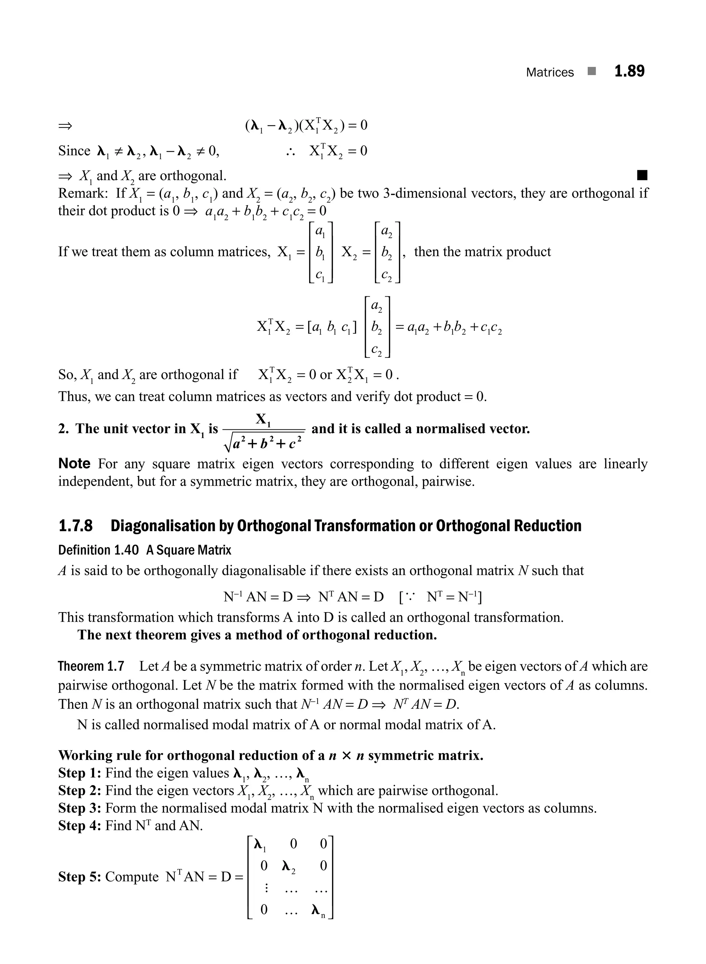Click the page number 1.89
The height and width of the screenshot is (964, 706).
[x=629, y=71]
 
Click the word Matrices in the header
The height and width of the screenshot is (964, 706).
[x=549, y=72]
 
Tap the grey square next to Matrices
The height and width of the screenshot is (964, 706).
[x=592, y=71]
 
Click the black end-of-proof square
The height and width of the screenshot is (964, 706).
[x=642, y=175]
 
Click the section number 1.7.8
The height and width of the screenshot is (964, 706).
[x=75, y=526]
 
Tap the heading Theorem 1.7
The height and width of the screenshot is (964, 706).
[x=91, y=666]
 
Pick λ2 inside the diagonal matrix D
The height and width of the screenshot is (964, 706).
[x=289, y=866]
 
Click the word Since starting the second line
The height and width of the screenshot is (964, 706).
[x=74, y=151]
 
